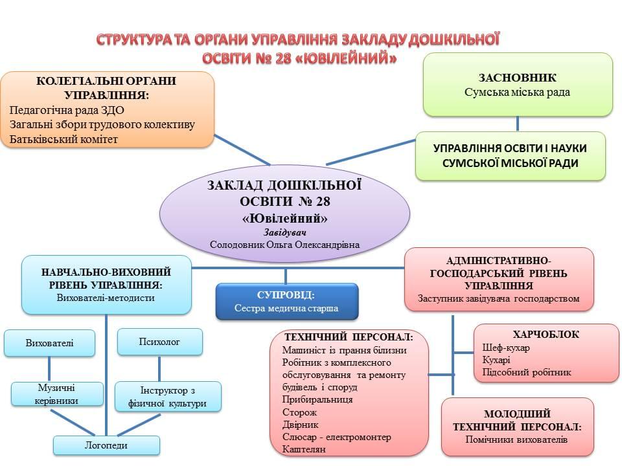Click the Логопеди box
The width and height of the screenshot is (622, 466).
106,445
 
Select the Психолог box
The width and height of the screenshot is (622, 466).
160,342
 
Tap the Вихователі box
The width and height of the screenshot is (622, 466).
50,343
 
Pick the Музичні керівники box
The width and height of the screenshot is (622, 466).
57,394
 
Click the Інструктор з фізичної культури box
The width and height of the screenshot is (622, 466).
168,397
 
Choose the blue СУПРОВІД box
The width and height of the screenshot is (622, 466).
287,301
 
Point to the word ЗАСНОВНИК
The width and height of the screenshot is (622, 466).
517,78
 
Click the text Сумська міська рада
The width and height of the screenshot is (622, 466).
517,93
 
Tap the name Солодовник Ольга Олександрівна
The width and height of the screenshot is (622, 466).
284,245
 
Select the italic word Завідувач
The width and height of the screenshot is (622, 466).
285,232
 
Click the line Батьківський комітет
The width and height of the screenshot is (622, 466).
63,140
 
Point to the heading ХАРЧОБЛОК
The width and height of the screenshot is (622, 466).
546,335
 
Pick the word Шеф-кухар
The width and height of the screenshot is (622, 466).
506,348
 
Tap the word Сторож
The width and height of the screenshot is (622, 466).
299,412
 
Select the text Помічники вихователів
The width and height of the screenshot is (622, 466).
516,439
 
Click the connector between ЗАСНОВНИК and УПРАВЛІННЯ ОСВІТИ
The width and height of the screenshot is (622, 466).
517,124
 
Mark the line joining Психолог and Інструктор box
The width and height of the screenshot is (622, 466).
159,368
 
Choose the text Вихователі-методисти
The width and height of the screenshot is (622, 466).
106,298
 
